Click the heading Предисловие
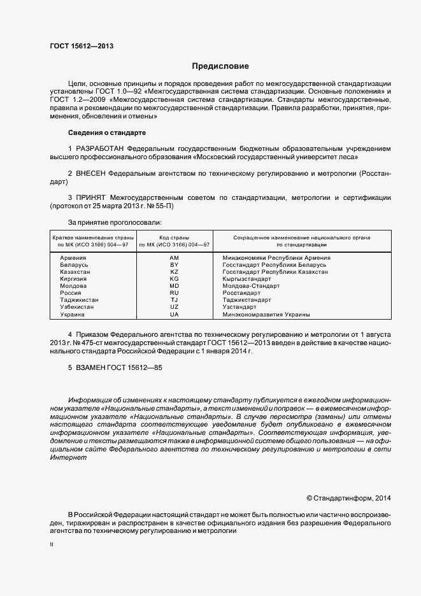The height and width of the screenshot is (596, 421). [220, 66]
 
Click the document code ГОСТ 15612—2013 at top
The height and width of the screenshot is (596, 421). [81, 46]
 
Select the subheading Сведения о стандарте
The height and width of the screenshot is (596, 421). [107, 132]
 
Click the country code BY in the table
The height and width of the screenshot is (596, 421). [175, 264]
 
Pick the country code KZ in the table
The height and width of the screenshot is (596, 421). [175, 271]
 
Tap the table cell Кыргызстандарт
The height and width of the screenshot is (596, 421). [246, 279]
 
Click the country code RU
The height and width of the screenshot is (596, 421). [175, 293]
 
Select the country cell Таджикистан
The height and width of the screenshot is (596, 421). [79, 300]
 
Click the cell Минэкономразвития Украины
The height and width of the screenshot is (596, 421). [266, 315]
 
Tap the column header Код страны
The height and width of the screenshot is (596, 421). [175, 238]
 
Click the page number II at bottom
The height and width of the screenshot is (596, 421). [52, 545]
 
